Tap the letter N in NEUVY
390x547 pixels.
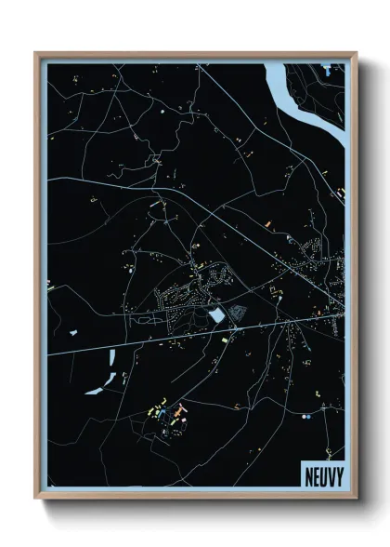(308, 475)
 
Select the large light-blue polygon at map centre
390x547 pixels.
(216, 316)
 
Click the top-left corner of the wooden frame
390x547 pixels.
(36, 54)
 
